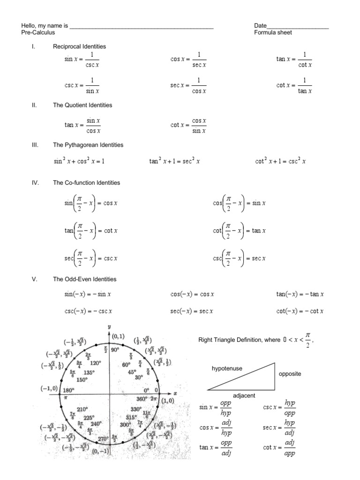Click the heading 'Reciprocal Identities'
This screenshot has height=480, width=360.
(x=79, y=46)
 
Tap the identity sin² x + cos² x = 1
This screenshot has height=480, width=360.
(x=79, y=161)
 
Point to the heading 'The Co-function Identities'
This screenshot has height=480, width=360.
(x=86, y=183)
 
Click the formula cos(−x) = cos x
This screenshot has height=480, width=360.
(x=192, y=295)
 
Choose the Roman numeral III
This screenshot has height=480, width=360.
(x=34, y=145)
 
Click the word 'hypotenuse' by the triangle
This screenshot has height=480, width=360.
(x=227, y=369)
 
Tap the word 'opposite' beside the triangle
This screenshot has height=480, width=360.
(x=290, y=374)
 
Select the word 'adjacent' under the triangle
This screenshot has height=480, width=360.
(x=244, y=396)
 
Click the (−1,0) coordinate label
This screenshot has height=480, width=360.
(x=50, y=389)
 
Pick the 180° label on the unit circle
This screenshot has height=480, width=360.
(x=68, y=390)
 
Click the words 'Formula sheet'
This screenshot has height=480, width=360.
(x=273, y=33)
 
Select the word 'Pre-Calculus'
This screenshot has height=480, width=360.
(x=38, y=33)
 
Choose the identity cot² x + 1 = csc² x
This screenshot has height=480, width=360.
(x=280, y=161)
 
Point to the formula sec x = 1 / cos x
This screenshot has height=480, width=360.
(x=188, y=85)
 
